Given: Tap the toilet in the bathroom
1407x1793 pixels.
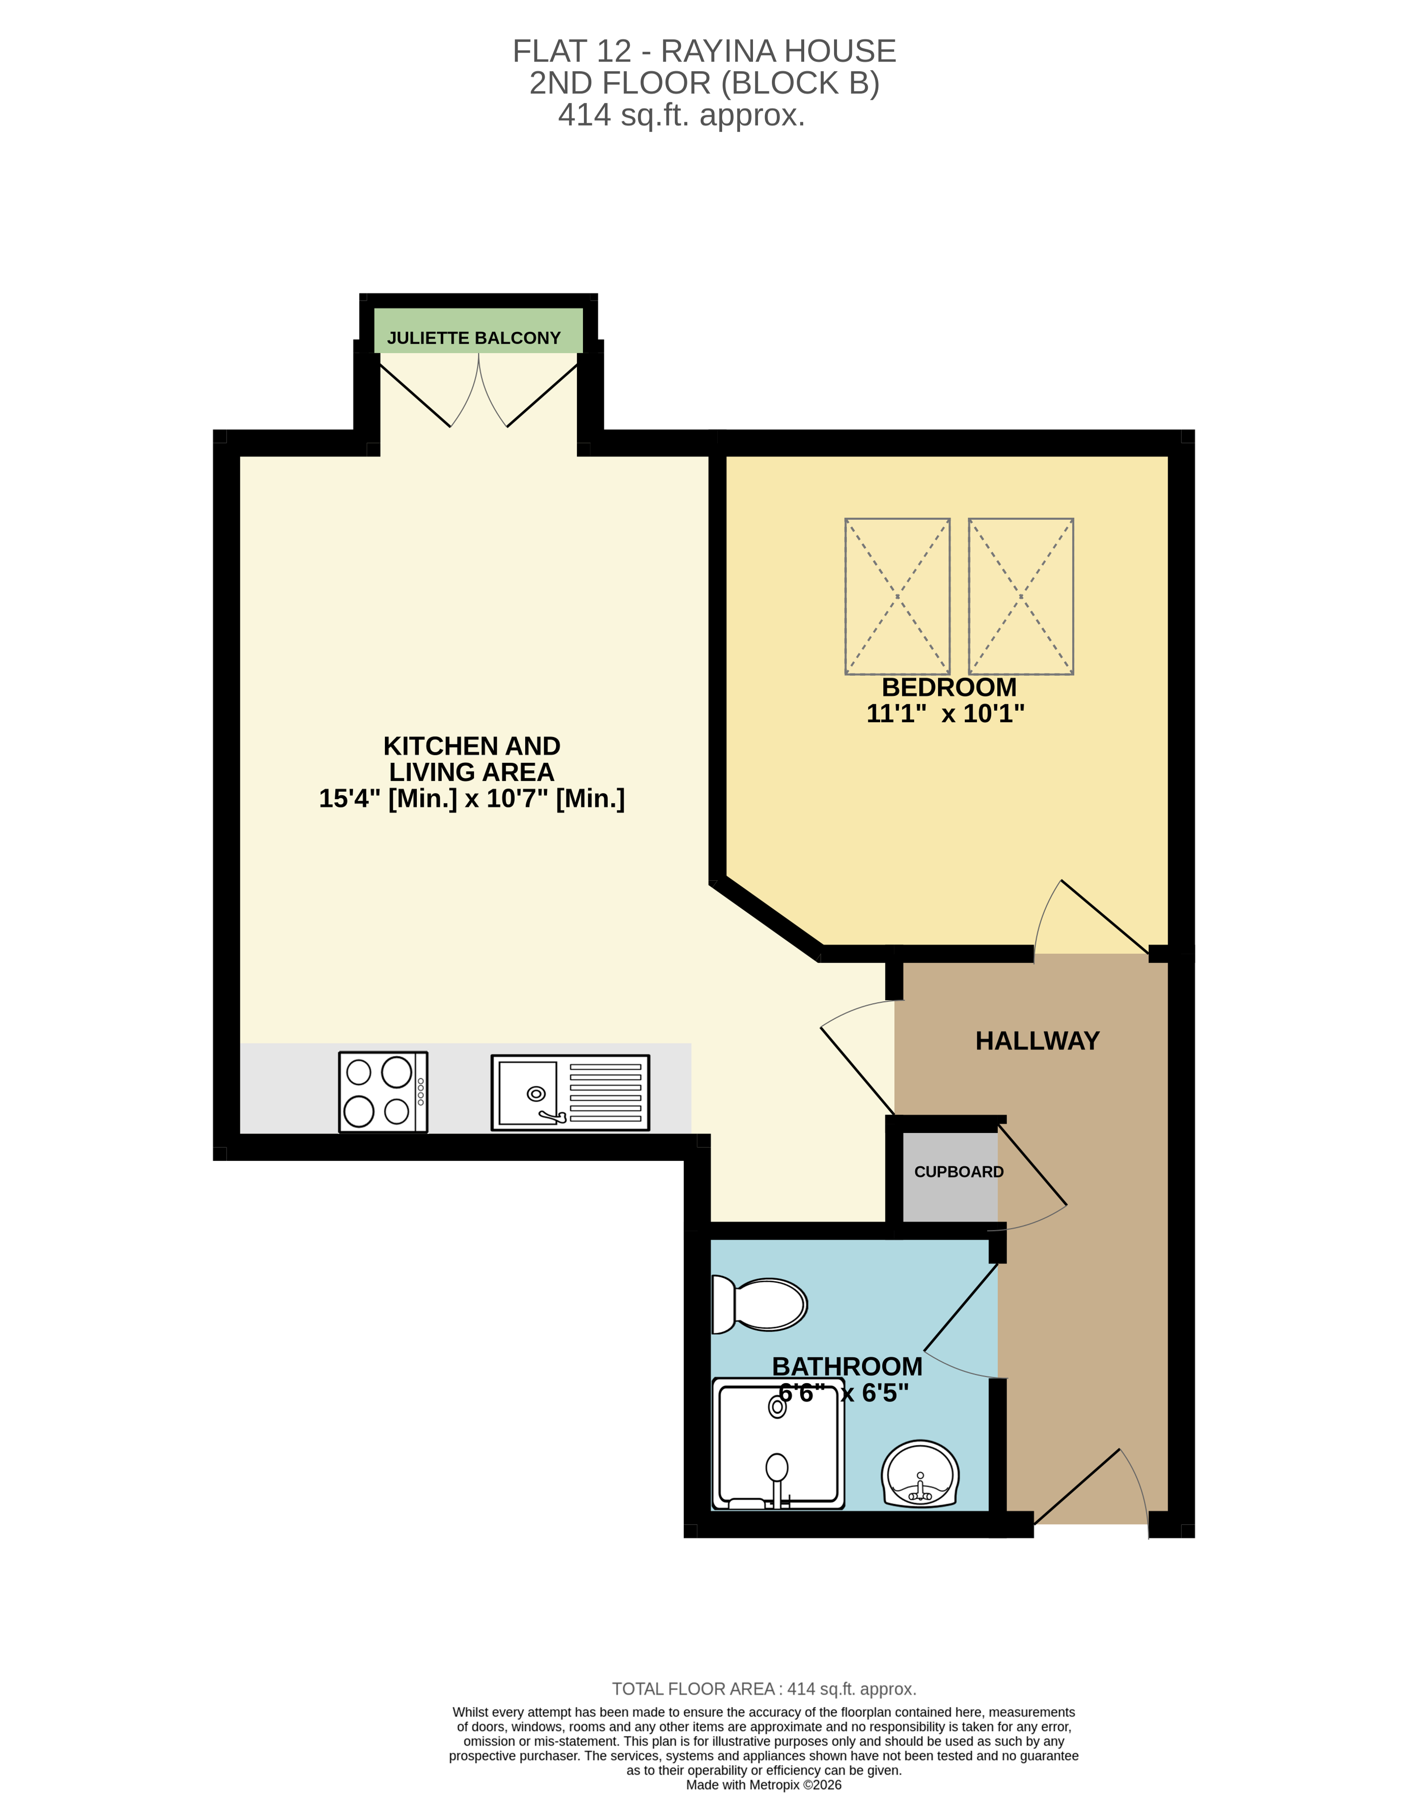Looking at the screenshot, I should (x=759, y=1305).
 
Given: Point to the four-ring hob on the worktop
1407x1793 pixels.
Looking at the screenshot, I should (x=383, y=1092).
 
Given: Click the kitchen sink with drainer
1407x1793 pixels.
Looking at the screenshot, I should (x=570, y=1092).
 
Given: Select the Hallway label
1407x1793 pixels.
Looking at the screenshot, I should (x=1037, y=1041).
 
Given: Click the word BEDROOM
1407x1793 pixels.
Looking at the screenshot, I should (x=949, y=687).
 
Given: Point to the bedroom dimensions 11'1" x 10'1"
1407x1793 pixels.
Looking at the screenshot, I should (x=945, y=713).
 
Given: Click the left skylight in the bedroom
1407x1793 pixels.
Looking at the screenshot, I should (x=897, y=596).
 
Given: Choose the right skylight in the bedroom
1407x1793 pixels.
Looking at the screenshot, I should (x=1021, y=596).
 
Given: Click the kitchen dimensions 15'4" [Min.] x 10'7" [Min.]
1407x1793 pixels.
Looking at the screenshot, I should (x=472, y=798).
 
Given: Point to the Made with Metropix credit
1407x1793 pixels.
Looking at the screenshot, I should (x=763, y=1785).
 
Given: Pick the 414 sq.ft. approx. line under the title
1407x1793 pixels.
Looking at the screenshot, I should (x=681, y=115).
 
